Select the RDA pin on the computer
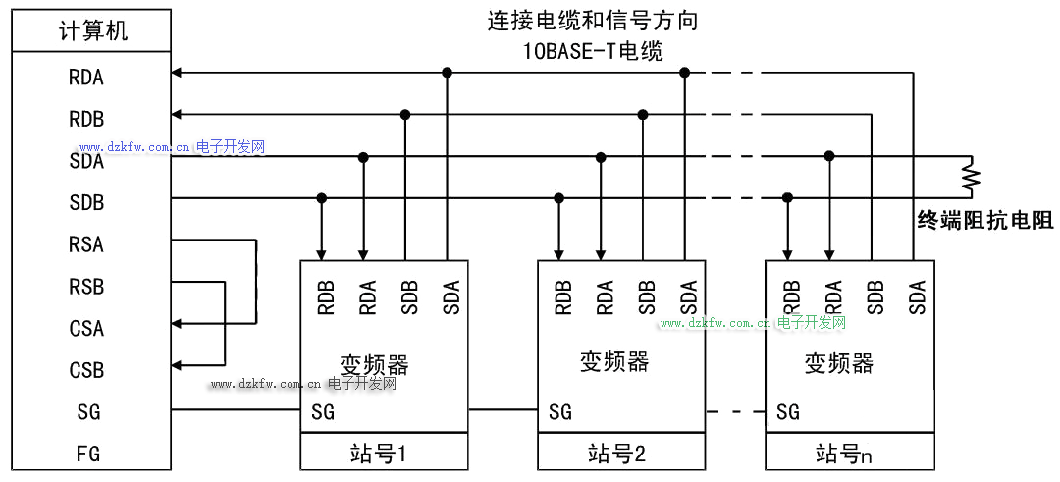coord(86,78)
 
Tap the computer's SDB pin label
coord(86,203)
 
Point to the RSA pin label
coord(86,244)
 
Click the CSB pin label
coord(86,371)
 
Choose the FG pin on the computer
coord(87,455)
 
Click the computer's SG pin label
coord(87,412)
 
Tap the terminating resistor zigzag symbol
coord(971,177)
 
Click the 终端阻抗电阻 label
coord(984,221)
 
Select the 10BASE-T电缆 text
coord(593,52)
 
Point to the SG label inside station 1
coord(323,412)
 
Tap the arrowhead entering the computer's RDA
coord(177,72)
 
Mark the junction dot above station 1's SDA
coord(447,72)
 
